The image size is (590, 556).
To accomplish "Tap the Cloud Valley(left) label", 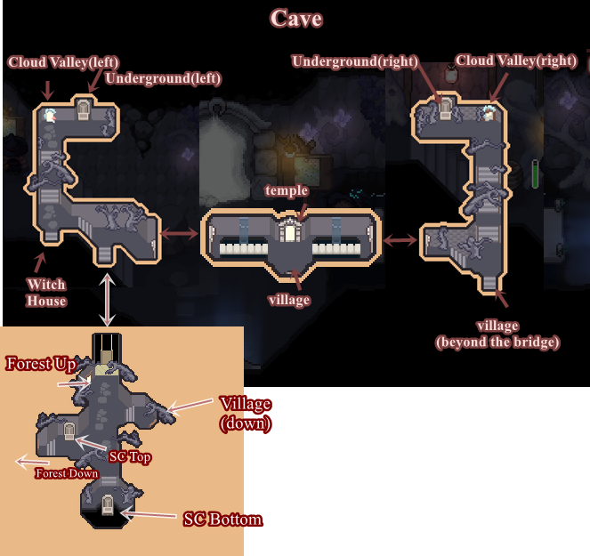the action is [x=63, y=62].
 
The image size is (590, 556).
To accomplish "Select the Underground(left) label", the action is [x=163, y=79].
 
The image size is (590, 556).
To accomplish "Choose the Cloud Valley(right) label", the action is [x=516, y=60].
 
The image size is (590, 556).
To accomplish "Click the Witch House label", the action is [x=46, y=293].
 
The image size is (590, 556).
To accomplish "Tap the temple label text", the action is [x=287, y=190].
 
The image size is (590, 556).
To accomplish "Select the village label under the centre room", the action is [x=288, y=300].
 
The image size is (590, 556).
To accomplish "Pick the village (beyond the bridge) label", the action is [x=497, y=334].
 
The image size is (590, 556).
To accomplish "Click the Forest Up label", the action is [x=41, y=363].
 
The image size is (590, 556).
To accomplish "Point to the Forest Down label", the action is [x=66, y=473].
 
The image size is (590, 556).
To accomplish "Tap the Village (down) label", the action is [x=247, y=414].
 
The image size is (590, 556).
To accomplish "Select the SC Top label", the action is [x=130, y=457].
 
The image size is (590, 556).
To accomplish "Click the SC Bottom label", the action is [x=222, y=519].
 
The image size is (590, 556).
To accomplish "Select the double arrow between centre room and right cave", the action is [x=400, y=239].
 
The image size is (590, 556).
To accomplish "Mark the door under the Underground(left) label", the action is [x=85, y=109].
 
